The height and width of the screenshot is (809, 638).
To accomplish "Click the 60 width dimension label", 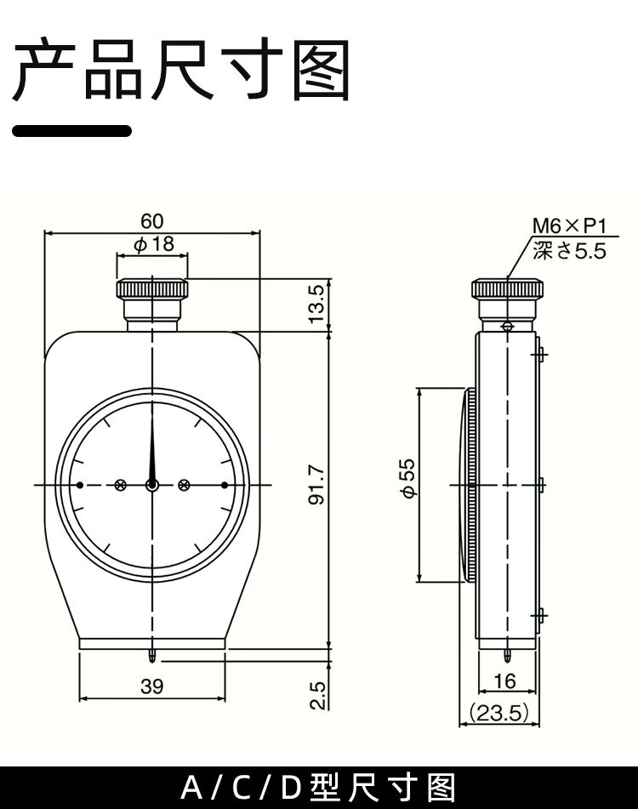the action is tap(151, 221).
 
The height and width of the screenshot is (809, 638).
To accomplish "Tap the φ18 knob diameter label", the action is tap(154, 243).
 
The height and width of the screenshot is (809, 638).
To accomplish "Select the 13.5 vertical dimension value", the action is tap(317, 304).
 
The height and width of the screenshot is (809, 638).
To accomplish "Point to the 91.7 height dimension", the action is tap(317, 485).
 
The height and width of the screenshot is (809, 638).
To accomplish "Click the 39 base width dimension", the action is tap(151, 687).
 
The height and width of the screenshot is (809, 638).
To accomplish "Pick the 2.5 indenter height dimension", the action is tap(318, 696).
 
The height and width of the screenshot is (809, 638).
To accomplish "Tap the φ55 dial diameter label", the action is tap(407, 478).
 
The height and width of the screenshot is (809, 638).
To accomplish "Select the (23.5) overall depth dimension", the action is tap(498, 713).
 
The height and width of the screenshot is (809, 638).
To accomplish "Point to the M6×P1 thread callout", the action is tap(569, 226).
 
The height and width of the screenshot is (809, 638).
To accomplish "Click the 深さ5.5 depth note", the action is tap(569, 251).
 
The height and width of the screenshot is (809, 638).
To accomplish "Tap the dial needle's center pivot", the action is tap(152, 485).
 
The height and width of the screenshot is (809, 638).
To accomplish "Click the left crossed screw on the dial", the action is tap(120, 485).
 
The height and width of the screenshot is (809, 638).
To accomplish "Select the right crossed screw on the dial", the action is tap(184, 485).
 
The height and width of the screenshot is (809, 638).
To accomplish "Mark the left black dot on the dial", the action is tap(80, 485).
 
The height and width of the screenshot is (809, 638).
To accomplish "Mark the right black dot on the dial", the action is tap(225, 485).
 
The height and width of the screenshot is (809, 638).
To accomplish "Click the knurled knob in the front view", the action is tap(152, 289).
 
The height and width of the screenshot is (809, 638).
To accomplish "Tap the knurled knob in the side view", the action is tap(508, 289).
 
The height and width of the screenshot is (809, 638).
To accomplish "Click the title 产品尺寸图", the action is tap(181, 69).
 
